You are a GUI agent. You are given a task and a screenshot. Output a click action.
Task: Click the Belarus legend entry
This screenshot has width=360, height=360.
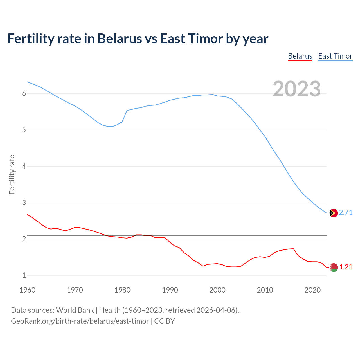point(300,56)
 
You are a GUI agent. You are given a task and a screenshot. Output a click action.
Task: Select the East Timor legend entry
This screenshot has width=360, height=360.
point(335,56)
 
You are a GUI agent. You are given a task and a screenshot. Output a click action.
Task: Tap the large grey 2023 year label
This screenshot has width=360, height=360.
point(297,89)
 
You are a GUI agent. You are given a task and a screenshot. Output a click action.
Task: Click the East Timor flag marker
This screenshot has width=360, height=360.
point(333,213)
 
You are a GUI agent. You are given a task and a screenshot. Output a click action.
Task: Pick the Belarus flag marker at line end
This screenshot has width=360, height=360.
point(333,267)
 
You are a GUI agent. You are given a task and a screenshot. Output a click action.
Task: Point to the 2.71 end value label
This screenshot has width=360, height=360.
point(346,213)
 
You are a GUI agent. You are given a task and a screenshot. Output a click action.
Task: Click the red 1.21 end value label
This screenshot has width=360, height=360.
point(346,267)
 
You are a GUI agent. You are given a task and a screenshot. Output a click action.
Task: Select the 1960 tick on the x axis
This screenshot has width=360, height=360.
point(27,290)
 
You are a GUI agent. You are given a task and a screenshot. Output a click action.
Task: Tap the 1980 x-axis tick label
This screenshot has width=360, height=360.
point(122,290)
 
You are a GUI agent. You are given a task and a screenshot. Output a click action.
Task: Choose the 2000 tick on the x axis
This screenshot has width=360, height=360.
point(217,290)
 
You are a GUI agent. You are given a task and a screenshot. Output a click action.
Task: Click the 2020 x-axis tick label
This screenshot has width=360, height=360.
point(312,290)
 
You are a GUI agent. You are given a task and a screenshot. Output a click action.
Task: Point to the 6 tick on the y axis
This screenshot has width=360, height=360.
point(24,94)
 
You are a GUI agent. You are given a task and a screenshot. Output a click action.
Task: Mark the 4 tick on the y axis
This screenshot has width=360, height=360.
point(24,166)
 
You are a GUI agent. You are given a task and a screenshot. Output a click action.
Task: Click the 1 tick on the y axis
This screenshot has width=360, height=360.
point(24,275)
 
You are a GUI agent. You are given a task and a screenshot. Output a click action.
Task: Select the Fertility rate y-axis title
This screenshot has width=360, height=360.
point(12,174)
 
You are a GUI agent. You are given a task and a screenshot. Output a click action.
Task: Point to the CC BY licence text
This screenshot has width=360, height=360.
point(165,321)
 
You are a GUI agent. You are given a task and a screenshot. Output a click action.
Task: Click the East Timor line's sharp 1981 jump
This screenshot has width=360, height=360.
point(125,116)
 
